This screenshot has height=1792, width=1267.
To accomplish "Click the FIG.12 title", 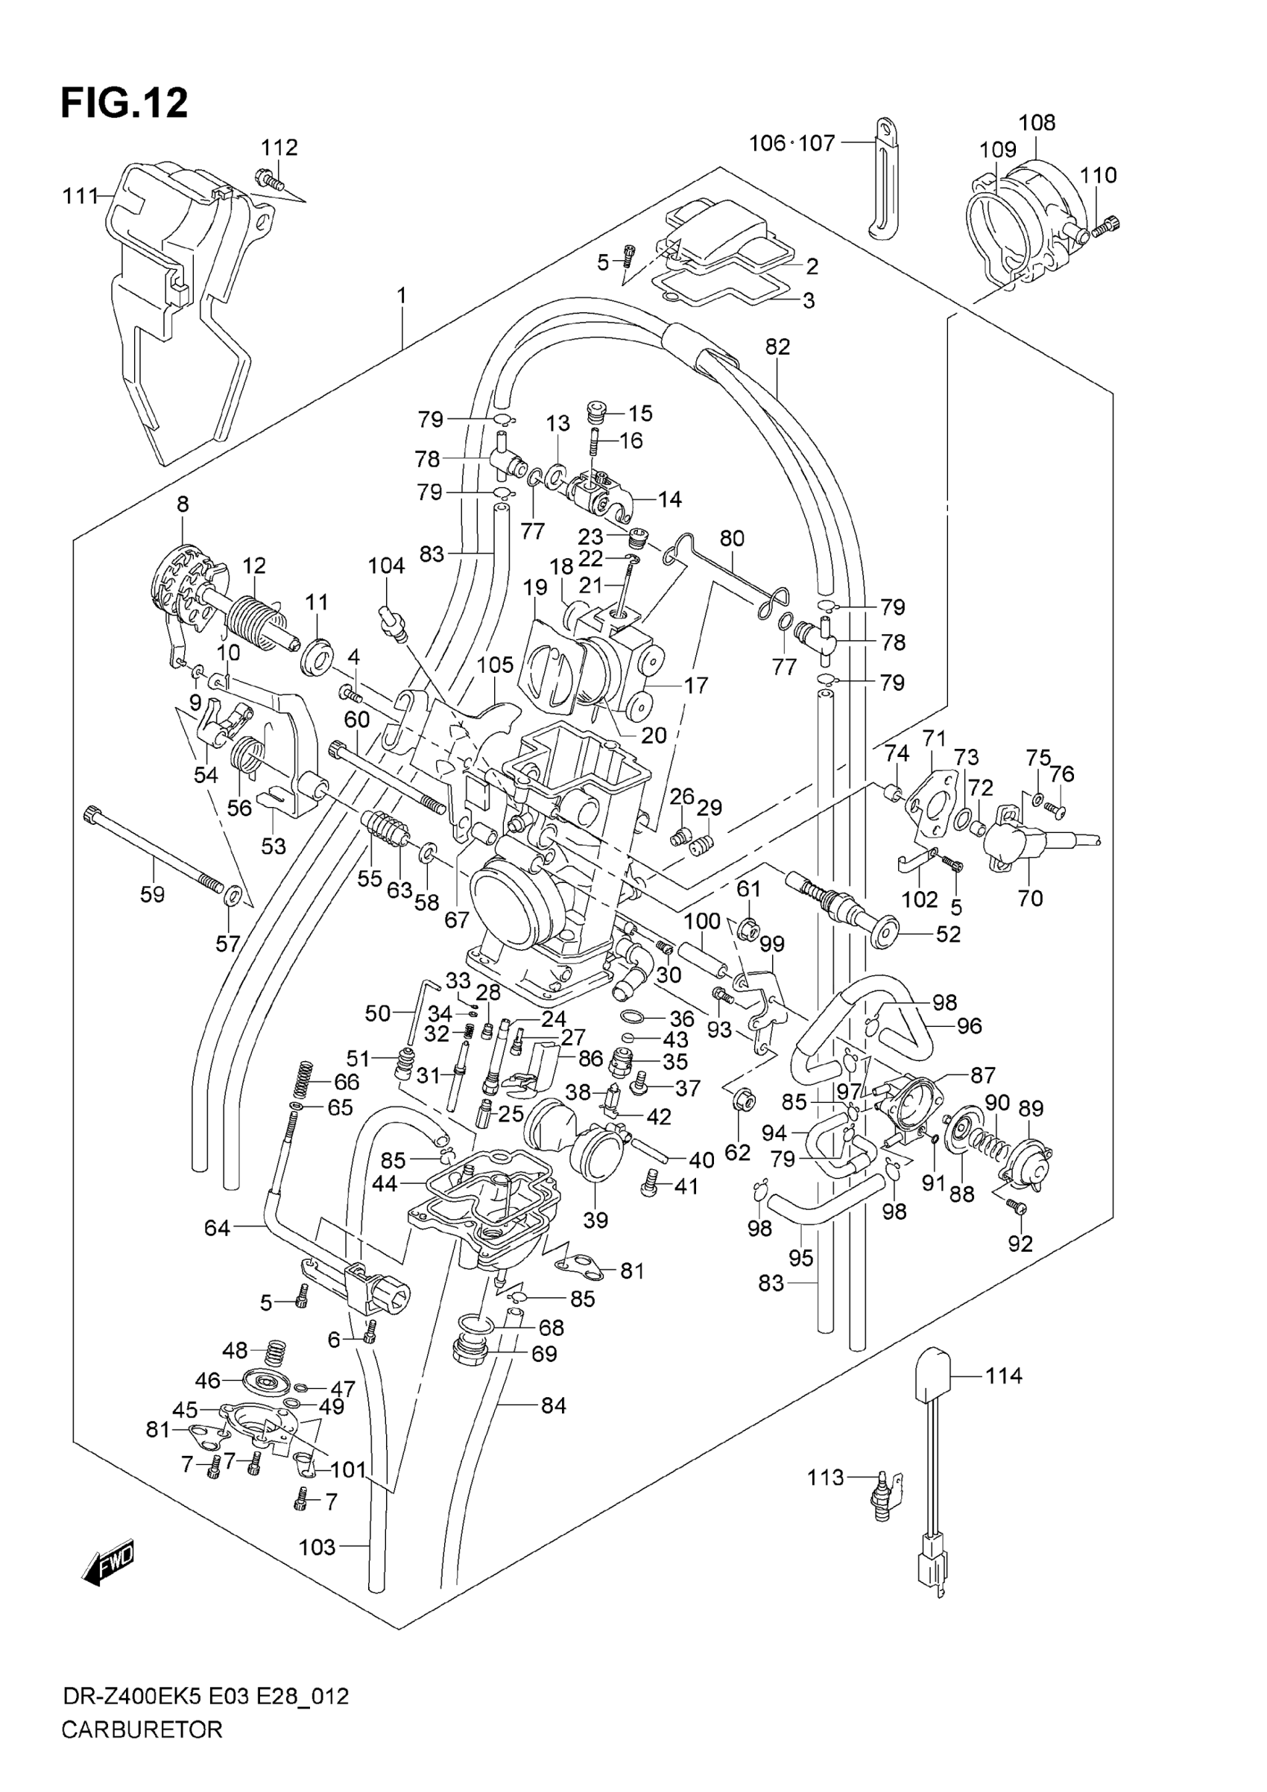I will point(125,103).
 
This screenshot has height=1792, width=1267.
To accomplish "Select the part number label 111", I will point(80,197).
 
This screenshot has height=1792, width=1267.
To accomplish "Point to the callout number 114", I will point(1003,1375).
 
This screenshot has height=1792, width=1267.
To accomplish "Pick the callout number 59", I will point(152,893).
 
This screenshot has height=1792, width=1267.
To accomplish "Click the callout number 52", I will point(948,934).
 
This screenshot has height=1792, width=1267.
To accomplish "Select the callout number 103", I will point(317,1547).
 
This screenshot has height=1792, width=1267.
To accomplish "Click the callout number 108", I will point(1037,122).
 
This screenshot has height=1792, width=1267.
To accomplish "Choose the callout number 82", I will point(777,346).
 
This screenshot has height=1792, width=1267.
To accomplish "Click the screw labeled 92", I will point(1017,1208).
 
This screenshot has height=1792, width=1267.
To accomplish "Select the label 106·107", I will point(792,143).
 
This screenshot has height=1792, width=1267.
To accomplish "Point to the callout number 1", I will point(402,296).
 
